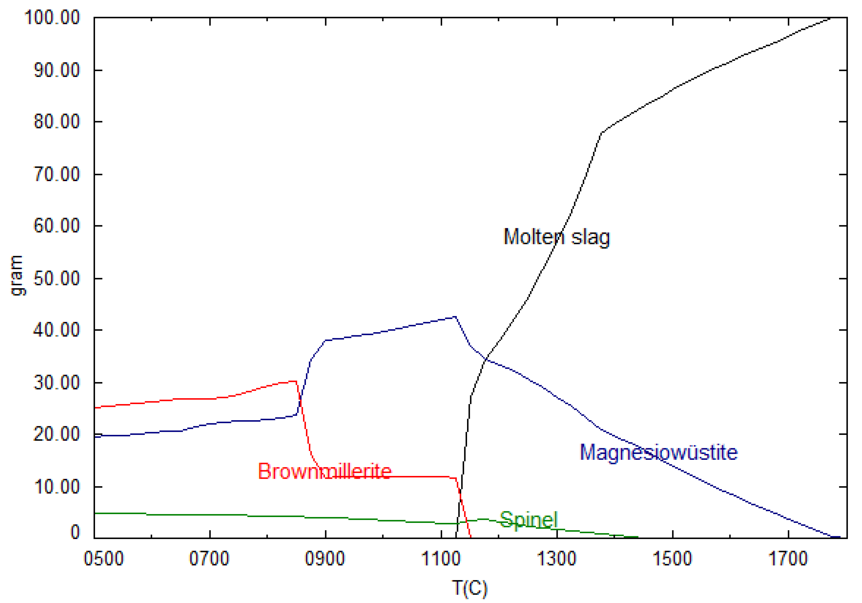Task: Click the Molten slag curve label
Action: tap(556, 237)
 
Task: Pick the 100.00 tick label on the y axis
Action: tap(52, 17)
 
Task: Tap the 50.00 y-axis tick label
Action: tap(57, 278)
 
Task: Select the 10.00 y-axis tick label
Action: tap(57, 487)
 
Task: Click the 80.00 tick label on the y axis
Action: tap(57, 122)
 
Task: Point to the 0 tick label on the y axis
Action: tap(75, 532)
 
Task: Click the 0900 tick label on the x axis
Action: tap(325, 558)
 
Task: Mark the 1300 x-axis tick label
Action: tap(557, 558)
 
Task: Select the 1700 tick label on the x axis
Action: tap(788, 558)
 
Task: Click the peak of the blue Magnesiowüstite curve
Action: tap(455, 317)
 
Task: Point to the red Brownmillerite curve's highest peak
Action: tap(296, 381)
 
